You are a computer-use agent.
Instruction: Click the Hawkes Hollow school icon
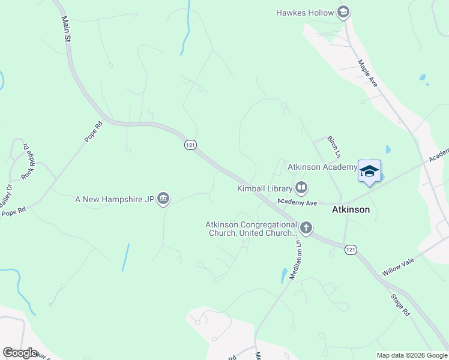pos(343,12)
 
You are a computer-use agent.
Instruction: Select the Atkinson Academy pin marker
pos(369,172)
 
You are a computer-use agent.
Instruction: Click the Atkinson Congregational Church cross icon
pos(306,227)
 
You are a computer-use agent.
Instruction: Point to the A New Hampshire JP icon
pos(163,199)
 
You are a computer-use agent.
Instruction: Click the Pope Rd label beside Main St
pos(94,131)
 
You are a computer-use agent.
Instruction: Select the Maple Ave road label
pos(367,73)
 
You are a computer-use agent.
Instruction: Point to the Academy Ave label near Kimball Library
pos(297,203)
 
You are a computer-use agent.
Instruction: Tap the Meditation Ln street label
pos(295,259)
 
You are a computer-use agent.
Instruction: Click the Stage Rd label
pos(399,304)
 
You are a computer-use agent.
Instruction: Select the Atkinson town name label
pos(351,210)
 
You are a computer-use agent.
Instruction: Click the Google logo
pos(20,352)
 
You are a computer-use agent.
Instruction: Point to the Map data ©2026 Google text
pos(411,355)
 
